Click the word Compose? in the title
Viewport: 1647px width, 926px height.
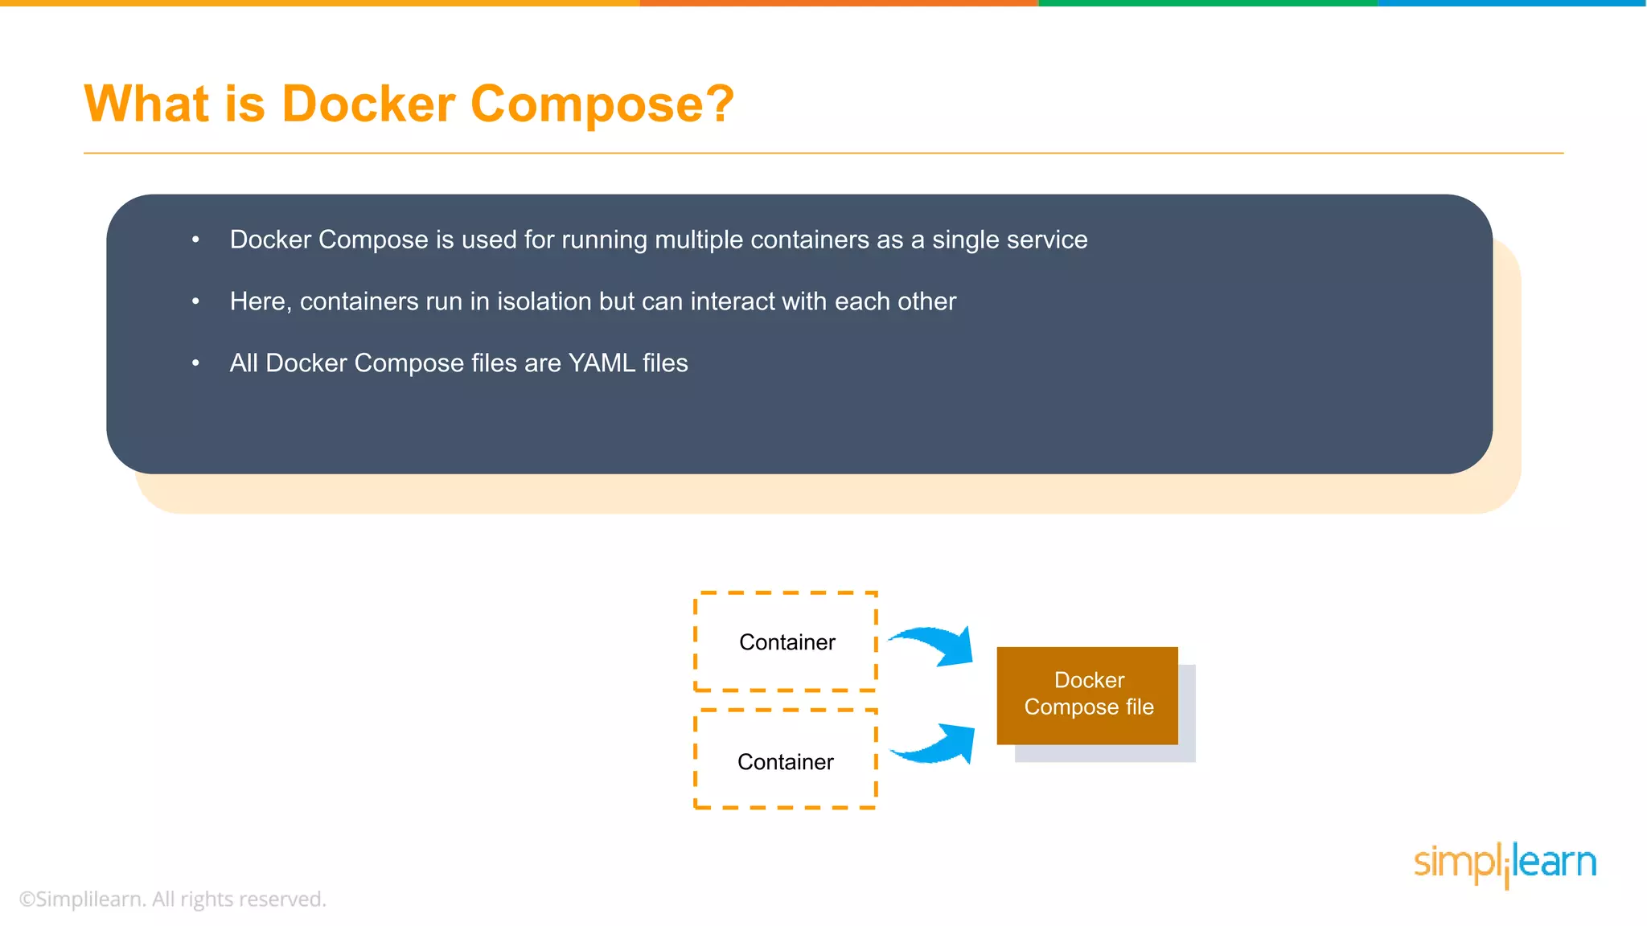click(x=602, y=104)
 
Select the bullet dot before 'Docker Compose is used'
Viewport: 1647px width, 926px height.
click(x=195, y=239)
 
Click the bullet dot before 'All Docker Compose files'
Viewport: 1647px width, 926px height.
click(x=195, y=363)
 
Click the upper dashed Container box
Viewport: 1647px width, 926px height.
click(x=786, y=641)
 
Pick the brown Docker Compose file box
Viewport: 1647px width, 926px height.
click(x=1087, y=694)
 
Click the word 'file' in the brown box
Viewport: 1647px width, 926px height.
click(x=1140, y=707)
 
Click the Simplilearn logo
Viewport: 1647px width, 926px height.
click(x=1504, y=864)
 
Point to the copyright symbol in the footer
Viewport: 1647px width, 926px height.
click(x=27, y=899)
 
